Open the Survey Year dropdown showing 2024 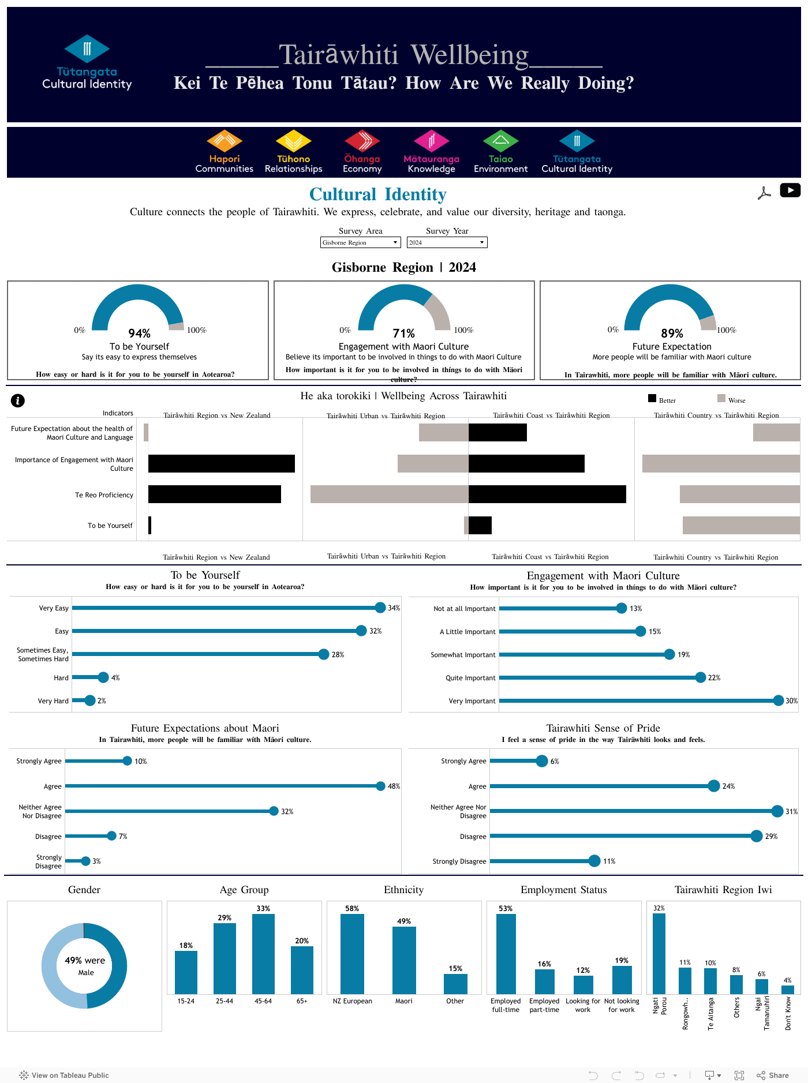point(447,242)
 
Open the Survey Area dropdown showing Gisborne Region point(360,242)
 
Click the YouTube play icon point(790,190)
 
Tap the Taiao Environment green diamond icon point(500,141)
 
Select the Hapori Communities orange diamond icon point(224,141)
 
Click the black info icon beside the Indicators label point(18,400)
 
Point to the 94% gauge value point(139,333)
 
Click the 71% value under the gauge point(403,333)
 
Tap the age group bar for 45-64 point(263,953)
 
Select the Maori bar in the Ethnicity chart point(404,960)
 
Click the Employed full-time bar point(506,953)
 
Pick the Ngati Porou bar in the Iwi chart point(659,953)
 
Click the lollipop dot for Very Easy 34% point(380,607)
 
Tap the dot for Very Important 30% point(778,700)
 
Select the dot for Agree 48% point(380,786)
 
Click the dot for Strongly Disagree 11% point(594,861)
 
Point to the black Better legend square point(652,398)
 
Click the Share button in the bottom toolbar point(773,1075)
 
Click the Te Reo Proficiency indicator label point(104,495)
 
